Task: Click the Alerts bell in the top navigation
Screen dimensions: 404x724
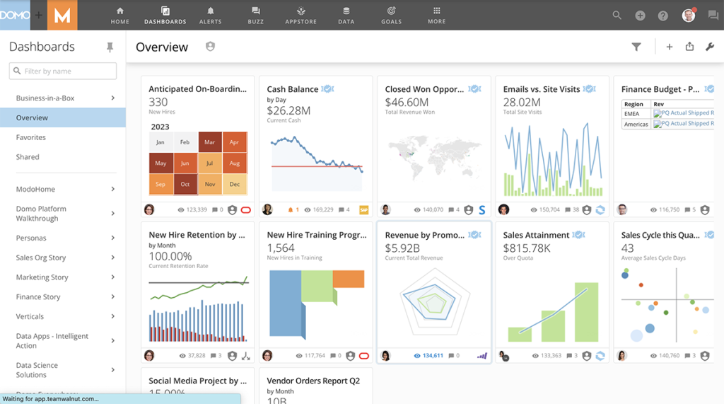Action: [x=210, y=15]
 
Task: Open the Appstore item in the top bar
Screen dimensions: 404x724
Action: [x=301, y=15]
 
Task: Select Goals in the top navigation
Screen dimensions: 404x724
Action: [x=391, y=15]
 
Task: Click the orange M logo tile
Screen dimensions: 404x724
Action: [x=62, y=16]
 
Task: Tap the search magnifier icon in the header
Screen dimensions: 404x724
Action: [x=617, y=16]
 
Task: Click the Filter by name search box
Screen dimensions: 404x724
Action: [x=63, y=71]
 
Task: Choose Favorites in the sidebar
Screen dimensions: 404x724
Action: [x=31, y=137]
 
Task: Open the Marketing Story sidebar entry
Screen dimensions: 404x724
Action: [x=42, y=277]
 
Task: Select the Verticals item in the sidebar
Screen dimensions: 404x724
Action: [x=30, y=316]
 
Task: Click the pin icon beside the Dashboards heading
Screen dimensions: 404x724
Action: [x=110, y=47]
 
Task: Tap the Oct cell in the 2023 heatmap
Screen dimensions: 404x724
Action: [x=185, y=184]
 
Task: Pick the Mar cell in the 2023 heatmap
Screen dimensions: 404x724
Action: [x=210, y=142]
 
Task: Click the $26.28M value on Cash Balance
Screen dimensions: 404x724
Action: [x=288, y=110]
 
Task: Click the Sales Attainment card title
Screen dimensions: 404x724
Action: [x=536, y=235]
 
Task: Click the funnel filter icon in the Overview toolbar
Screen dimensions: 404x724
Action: [x=636, y=47]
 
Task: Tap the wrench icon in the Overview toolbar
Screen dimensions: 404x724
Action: [x=710, y=47]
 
